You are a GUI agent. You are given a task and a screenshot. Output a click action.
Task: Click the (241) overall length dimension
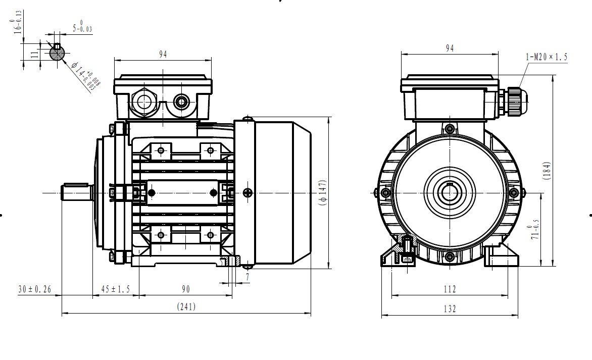[186, 306]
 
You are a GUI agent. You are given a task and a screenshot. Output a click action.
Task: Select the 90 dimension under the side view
[185, 289]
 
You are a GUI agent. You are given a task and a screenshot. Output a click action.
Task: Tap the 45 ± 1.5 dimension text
[115, 289]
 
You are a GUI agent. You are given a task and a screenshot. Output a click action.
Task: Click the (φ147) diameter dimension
[324, 193]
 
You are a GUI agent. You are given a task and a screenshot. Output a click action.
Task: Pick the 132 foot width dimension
[450, 309]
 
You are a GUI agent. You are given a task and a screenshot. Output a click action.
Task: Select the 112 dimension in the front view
[450, 289]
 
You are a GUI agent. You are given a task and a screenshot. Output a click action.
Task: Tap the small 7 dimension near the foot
[248, 278]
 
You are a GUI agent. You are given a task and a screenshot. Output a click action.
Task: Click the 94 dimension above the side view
[163, 54]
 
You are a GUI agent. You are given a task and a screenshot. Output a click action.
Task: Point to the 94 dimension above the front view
[450, 48]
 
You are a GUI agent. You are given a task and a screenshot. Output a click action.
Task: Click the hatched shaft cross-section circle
[57, 53]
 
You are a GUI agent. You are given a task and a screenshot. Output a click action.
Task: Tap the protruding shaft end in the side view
[76, 192]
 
